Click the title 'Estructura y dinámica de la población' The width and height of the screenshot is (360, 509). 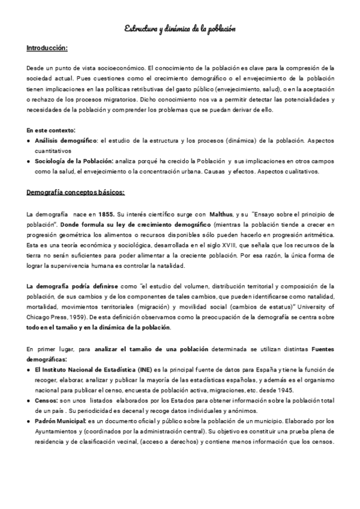pos(180,28)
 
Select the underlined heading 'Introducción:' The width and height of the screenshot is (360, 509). pos(47,47)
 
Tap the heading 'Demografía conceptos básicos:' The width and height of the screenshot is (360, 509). pos(76,193)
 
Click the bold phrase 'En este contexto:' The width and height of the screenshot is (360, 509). pos(51,130)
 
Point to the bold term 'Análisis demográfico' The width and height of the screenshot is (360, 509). pos(66,140)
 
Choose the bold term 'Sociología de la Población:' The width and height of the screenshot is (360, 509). pos(74,161)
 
